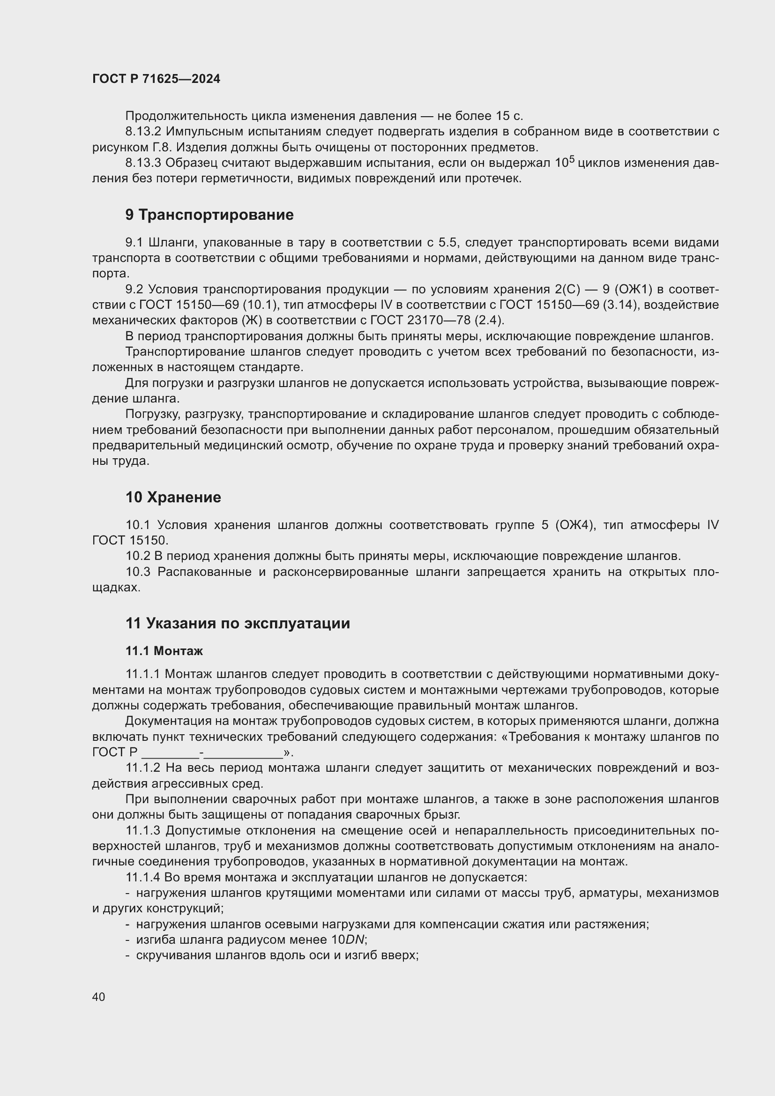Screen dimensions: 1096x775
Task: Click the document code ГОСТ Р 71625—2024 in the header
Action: [x=156, y=79]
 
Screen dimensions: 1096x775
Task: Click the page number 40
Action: [x=99, y=997]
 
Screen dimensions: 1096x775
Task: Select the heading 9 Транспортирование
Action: [x=209, y=215]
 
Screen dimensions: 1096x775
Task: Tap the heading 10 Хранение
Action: [x=173, y=498]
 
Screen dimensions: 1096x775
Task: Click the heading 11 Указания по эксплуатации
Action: [x=237, y=623]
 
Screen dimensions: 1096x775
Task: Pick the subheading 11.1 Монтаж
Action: [x=164, y=651]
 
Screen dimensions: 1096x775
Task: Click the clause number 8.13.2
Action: [x=143, y=132]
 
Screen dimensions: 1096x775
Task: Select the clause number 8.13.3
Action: [x=143, y=163]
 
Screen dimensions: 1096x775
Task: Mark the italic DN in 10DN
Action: [x=355, y=940]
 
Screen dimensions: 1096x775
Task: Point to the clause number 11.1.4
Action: [x=143, y=877]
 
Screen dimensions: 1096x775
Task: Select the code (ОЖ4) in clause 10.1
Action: [x=575, y=526]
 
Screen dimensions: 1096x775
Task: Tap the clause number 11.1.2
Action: [x=143, y=768]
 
